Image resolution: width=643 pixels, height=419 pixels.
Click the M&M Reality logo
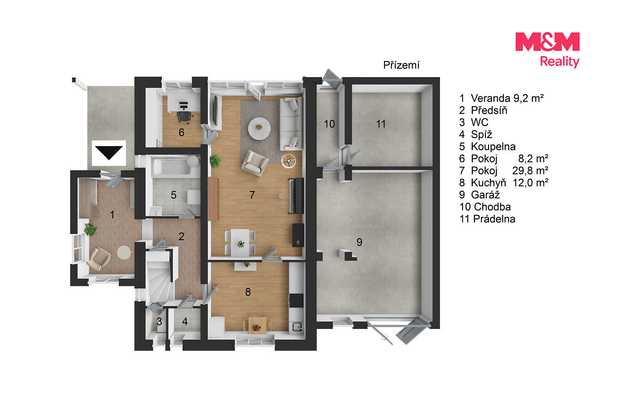(x=547, y=50)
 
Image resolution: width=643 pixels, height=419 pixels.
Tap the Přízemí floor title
(x=401, y=65)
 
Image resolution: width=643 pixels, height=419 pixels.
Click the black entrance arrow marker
(x=109, y=152)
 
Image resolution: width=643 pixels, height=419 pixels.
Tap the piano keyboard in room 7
(x=296, y=196)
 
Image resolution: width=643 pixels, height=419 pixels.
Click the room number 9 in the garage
(x=359, y=242)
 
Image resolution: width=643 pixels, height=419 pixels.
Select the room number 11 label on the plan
(x=380, y=124)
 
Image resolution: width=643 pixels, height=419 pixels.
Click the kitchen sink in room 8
(x=296, y=326)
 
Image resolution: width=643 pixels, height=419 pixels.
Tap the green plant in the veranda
(x=90, y=230)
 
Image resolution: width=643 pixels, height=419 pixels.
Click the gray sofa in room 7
(x=291, y=123)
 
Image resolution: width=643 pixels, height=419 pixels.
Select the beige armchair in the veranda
(x=99, y=259)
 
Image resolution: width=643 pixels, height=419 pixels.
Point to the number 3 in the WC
(x=159, y=321)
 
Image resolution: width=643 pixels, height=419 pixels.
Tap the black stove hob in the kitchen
(x=296, y=300)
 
